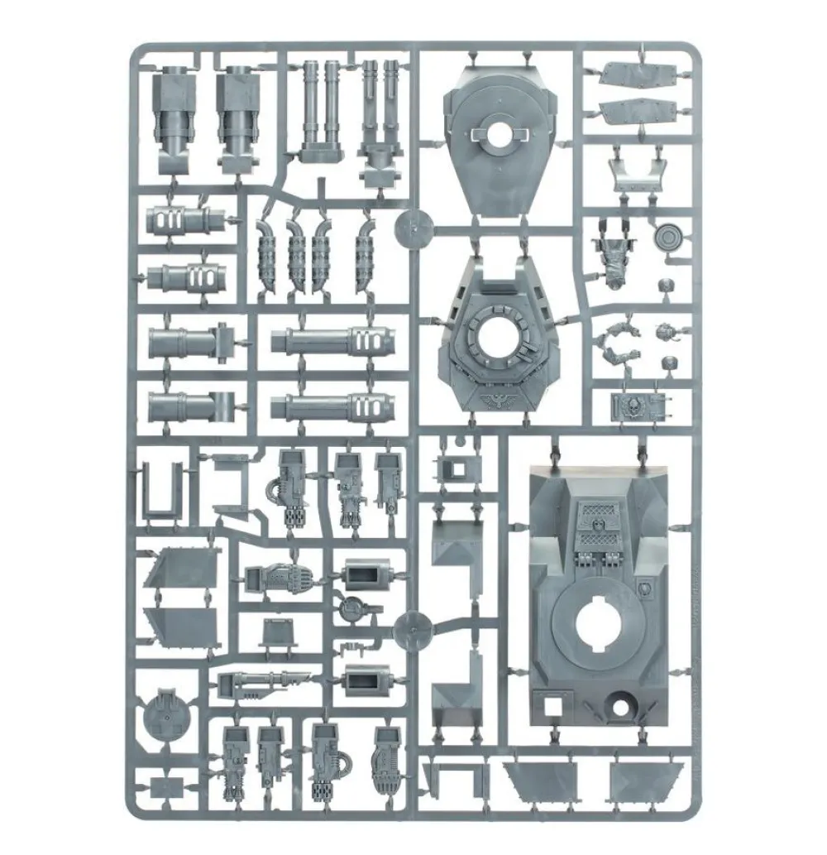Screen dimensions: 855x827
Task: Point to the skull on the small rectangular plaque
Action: coord(627,406)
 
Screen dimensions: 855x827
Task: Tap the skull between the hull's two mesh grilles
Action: coord(601,523)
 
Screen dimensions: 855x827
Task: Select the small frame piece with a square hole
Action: coord(455,469)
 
